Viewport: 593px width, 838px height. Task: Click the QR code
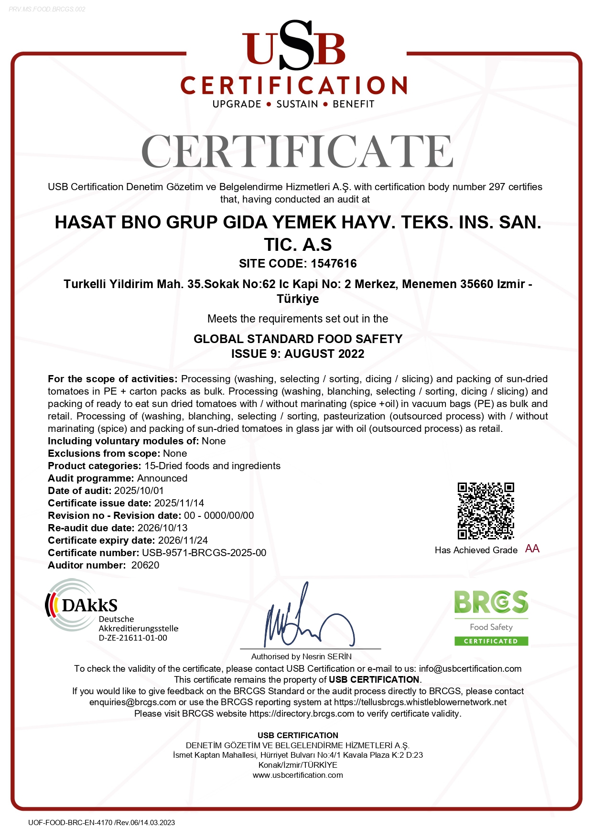coord(485,511)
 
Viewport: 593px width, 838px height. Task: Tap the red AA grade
coord(532,548)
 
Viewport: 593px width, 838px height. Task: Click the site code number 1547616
coord(334,263)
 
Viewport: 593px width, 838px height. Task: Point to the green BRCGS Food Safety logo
coord(491,618)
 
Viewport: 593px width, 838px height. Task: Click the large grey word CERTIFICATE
coord(297,151)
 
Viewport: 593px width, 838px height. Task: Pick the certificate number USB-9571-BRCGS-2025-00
coord(204,553)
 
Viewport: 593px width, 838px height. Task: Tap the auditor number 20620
coord(145,565)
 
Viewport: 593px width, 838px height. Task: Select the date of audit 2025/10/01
coord(139,491)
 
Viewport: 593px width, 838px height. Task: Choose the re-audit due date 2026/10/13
coord(162,528)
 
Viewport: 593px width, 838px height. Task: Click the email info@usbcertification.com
coord(470,669)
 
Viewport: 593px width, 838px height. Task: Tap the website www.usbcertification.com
coord(298,775)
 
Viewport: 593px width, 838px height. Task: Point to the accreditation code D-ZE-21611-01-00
coord(133,638)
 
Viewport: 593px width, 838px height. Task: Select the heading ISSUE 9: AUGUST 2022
coord(298,354)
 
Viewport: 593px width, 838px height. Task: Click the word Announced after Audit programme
coord(162,478)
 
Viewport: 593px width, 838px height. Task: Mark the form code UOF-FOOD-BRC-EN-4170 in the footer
coord(70,822)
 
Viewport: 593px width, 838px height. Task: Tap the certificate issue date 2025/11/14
coord(179,503)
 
